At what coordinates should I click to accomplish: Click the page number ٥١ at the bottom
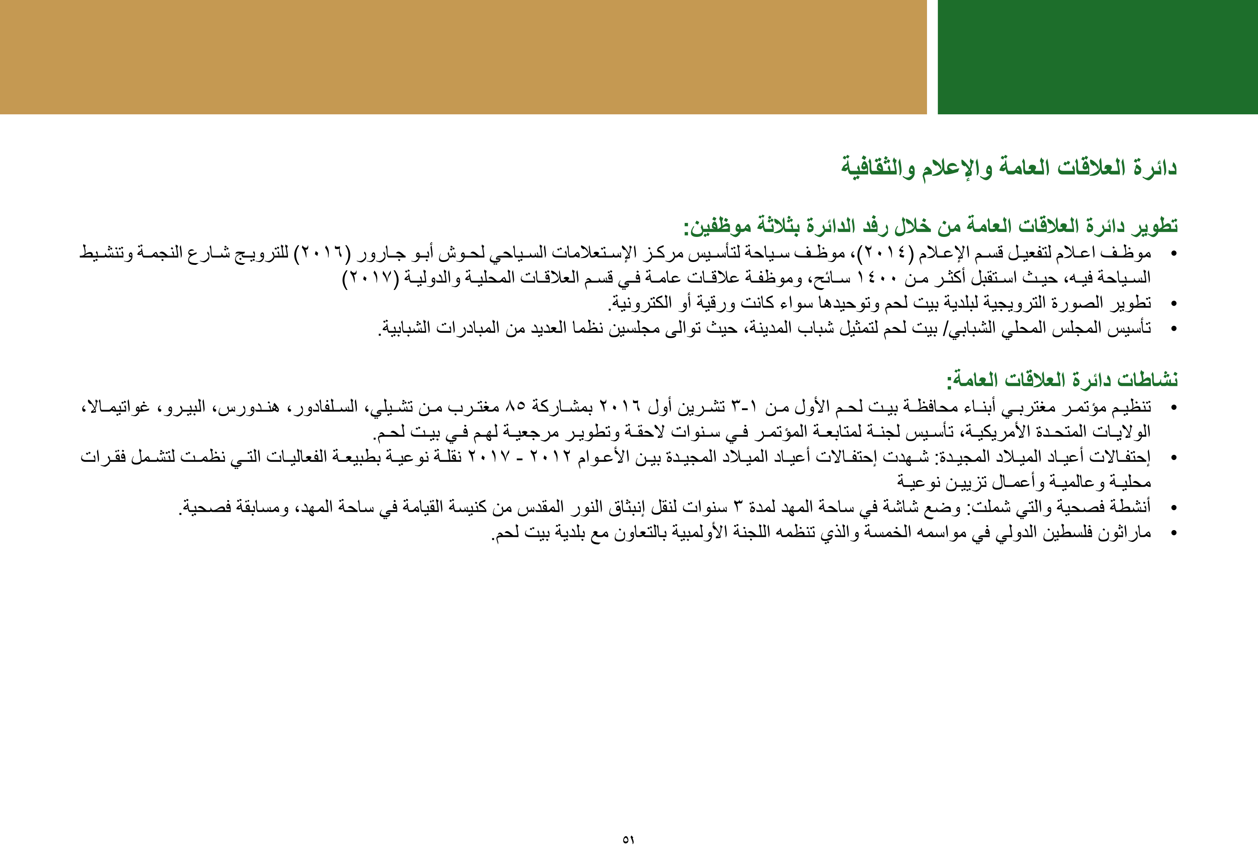pos(628,840)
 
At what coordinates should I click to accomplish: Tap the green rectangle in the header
pos(1097,57)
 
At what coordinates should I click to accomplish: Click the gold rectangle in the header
pos(463,57)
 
